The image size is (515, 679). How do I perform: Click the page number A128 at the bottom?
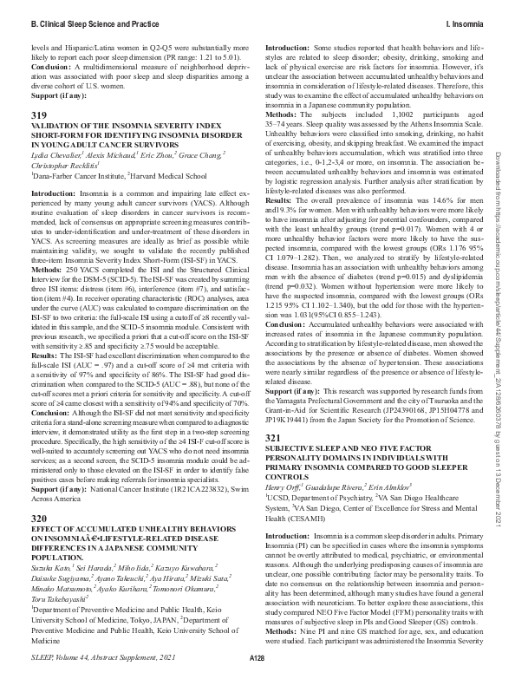tap(257, 661)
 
